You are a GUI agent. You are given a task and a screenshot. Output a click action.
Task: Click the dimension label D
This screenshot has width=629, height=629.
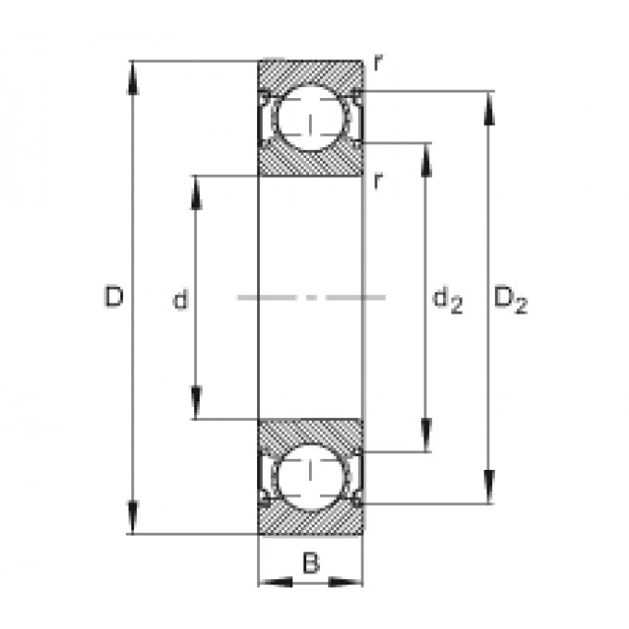click(114, 296)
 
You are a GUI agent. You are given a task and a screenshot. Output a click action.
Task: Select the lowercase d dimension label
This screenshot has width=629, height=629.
click(180, 299)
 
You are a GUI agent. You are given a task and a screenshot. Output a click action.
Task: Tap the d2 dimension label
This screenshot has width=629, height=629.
click(448, 301)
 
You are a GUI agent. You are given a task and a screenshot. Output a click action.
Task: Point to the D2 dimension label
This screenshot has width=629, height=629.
click(511, 300)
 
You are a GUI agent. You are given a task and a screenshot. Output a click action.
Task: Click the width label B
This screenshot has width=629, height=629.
click(311, 562)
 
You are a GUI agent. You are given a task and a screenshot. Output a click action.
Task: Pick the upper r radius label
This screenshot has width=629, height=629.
click(378, 62)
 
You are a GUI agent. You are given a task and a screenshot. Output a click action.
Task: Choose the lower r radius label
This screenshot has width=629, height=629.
click(377, 181)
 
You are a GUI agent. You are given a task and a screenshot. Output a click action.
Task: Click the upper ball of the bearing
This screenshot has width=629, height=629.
click(310, 117)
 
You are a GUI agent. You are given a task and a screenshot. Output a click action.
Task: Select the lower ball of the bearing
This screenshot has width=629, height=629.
click(310, 477)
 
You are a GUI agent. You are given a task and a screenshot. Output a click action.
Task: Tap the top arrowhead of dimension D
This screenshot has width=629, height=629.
click(133, 79)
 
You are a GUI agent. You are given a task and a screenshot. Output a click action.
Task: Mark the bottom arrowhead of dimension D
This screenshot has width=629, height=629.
click(132, 517)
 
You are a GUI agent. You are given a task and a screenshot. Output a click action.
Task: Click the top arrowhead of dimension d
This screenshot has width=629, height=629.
click(196, 193)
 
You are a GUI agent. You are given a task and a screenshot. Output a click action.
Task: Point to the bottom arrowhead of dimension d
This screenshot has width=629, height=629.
click(196, 402)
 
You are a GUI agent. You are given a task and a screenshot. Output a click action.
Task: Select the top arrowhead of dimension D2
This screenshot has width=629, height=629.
click(488, 109)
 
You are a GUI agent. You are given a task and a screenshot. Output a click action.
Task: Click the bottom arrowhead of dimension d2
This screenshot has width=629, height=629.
click(426, 436)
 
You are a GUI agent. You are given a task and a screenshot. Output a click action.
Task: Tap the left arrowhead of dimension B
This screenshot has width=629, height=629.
click(276, 582)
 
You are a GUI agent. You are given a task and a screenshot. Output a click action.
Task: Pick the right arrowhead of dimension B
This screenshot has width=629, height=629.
click(345, 582)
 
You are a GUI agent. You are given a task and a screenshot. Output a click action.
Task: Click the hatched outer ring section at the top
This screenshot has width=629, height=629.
click(311, 74)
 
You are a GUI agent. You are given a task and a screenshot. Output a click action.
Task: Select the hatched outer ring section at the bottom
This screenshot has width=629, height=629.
click(311, 520)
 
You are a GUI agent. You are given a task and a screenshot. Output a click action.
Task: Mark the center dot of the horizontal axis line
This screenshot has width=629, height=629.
click(311, 298)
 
